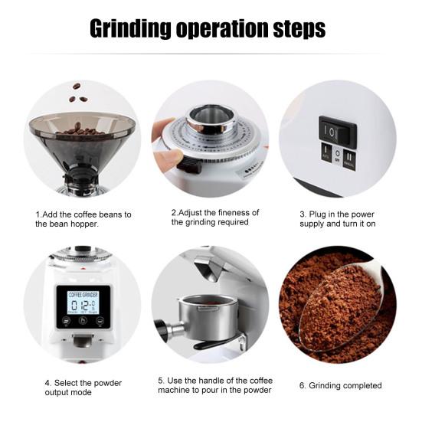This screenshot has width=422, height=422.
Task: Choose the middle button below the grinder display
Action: [x=82, y=321]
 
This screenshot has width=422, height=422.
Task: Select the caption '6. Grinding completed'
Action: [x=342, y=385]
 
